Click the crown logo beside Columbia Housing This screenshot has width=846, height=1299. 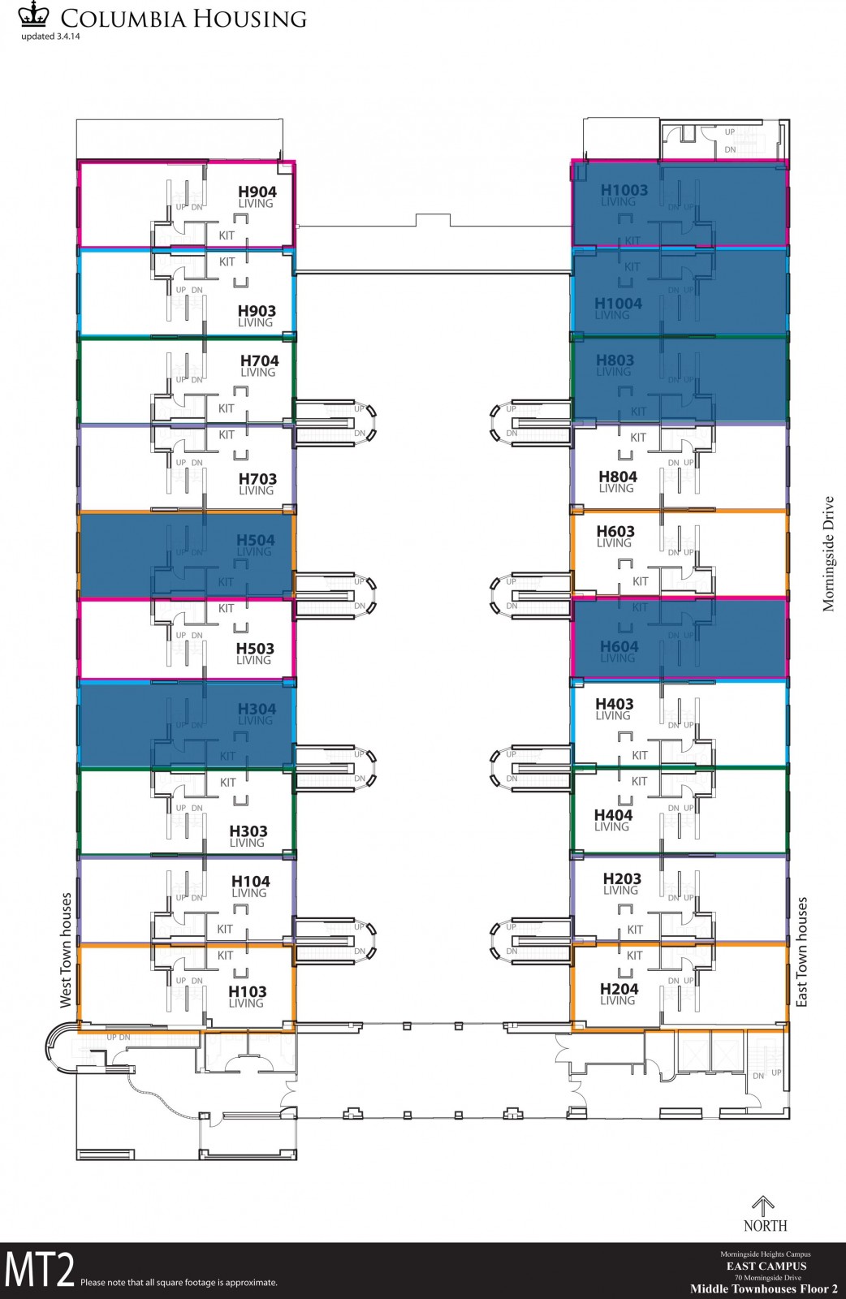click(34, 15)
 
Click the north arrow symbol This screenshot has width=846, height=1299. click(763, 1206)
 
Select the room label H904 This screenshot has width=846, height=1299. click(257, 192)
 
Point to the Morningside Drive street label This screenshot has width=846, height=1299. click(828, 554)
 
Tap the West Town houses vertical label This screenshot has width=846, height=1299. click(66, 951)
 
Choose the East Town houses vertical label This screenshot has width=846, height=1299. click(802, 952)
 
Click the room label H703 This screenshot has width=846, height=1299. click(257, 480)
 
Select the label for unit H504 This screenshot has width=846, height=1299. click(256, 541)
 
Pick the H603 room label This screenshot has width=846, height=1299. click(615, 532)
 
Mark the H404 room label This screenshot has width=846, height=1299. click(613, 815)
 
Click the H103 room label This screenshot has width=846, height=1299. click(248, 992)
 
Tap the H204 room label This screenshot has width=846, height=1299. click(619, 989)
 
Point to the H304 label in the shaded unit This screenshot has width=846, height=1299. click(257, 710)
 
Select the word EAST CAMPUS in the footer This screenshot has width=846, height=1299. click(766, 1266)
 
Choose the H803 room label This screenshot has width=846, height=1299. click(615, 360)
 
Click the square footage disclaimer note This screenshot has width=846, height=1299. click(179, 1283)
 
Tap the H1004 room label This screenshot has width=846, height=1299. click(618, 304)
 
